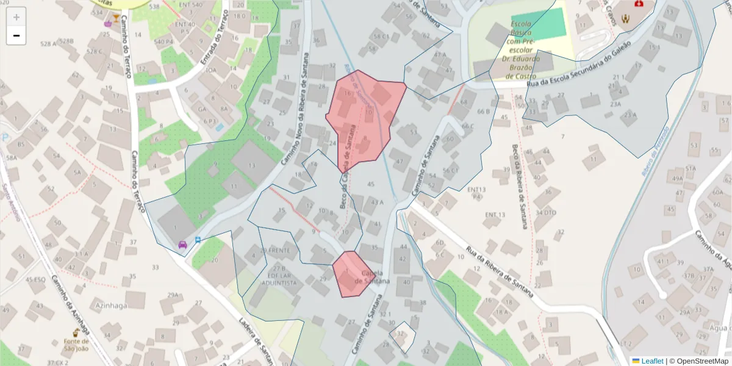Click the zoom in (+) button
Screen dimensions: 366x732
pyautogui.click(x=16, y=17)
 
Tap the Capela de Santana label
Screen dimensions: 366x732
pyautogui.click(x=376, y=277)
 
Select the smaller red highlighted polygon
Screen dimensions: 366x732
pyautogui.click(x=350, y=274)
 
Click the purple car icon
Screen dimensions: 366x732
pyautogui.click(x=182, y=245)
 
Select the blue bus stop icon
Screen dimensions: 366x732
pyautogui.click(x=198, y=240)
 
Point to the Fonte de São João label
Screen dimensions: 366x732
pyautogui.click(x=77, y=345)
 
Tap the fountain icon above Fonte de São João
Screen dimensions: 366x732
pyautogui.click(x=77, y=333)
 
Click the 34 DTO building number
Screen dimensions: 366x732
pyautogui.click(x=546, y=212)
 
